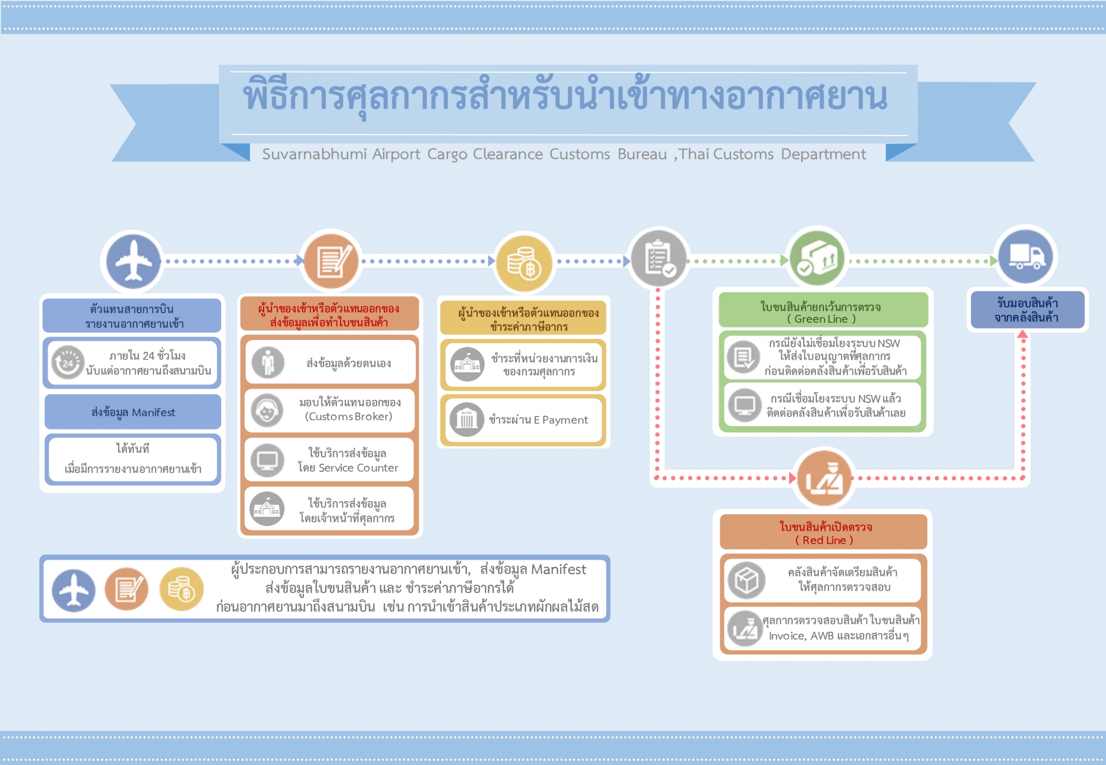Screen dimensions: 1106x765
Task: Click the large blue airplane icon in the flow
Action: pyautogui.click(x=133, y=261)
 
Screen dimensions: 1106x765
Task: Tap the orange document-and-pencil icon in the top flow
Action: pyautogui.click(x=331, y=261)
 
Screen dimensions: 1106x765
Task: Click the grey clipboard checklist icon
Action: pyautogui.click(x=658, y=258)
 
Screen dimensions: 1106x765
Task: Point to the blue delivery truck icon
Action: pyautogui.click(x=1026, y=256)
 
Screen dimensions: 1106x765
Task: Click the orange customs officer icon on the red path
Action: pyautogui.click(x=824, y=479)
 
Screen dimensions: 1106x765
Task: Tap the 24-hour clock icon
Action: pyautogui.click(x=68, y=362)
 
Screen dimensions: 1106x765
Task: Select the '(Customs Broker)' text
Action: pyautogui.click(x=348, y=417)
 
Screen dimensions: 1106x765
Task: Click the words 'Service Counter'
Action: pyautogui.click(x=358, y=468)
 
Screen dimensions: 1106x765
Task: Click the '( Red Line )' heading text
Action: pyautogui.click(x=824, y=540)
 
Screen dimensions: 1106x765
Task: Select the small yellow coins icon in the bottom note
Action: pyautogui.click(x=181, y=589)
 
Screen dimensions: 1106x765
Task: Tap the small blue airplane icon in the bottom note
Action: pyautogui.click(x=73, y=590)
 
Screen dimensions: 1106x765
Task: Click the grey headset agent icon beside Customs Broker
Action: pyautogui.click(x=267, y=410)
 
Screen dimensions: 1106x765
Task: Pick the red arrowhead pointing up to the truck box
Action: pyautogui.click(x=1023, y=334)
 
